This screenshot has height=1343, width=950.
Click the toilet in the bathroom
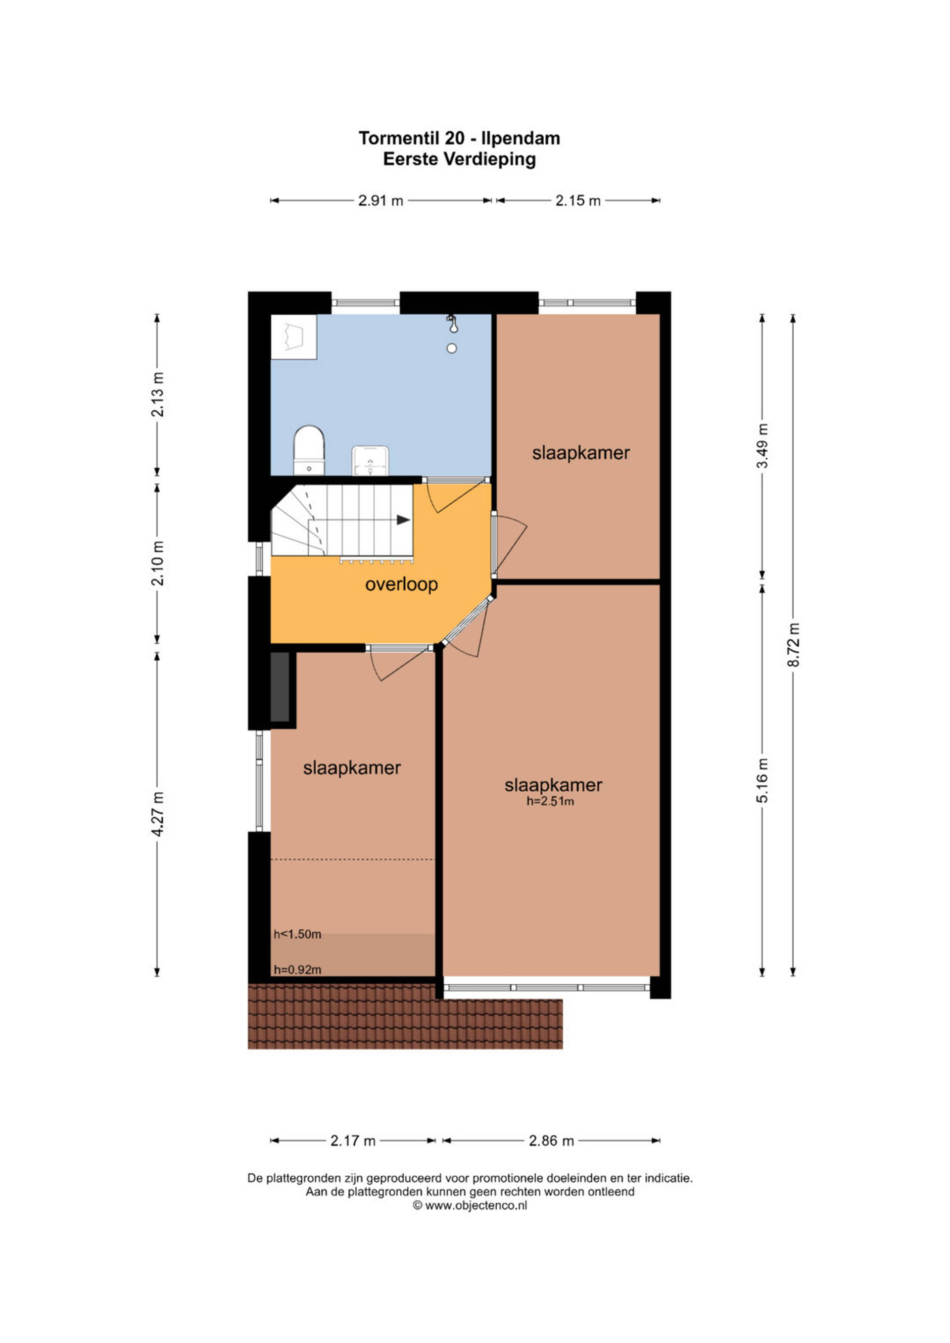(309, 450)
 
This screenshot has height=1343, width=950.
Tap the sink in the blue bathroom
(370, 461)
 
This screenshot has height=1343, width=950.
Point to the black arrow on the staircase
(403, 520)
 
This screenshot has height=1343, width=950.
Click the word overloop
(401, 584)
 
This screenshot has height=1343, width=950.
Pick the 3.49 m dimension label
(762, 446)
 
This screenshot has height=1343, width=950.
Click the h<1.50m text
(297, 935)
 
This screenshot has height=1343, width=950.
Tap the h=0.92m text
(297, 970)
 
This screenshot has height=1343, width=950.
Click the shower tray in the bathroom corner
(293, 337)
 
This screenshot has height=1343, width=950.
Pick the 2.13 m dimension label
(157, 394)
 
